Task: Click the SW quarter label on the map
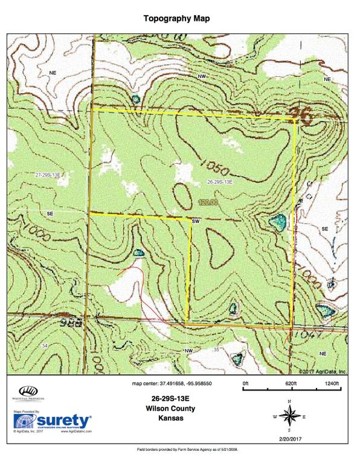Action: (195, 222)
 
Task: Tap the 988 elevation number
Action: (71, 323)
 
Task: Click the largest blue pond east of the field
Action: (277, 223)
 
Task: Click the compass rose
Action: (290, 416)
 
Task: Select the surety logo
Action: (53, 421)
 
